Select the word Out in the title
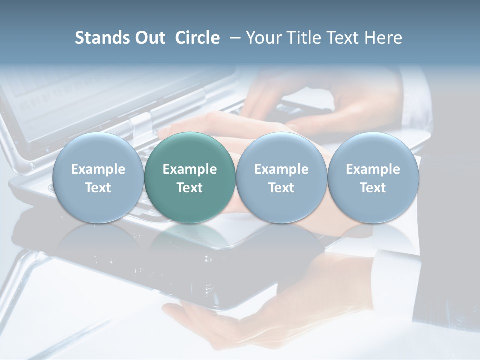tap(150, 38)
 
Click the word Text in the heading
tap(343, 38)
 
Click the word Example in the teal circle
tap(190, 169)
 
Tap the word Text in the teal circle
tap(190, 188)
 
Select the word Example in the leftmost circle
tap(98, 169)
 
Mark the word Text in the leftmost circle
tap(98, 188)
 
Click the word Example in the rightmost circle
tap(373, 169)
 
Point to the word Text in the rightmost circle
tap(373, 188)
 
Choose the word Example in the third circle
tap(281, 169)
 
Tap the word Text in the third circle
tap(281, 188)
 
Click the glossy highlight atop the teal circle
tap(190, 142)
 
